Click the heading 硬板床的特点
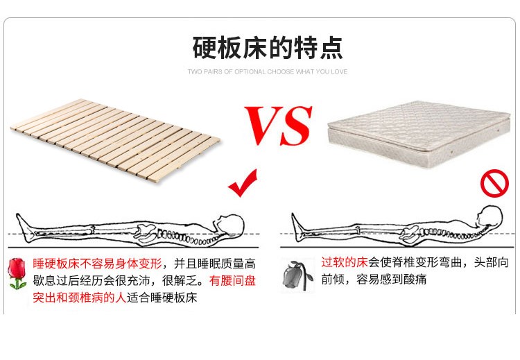coord(267,49)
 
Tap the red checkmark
coord(243,185)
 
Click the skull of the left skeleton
coord(231,223)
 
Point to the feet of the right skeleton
coord(297,223)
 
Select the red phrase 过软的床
coord(344,263)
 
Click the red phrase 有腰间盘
coord(236,281)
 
